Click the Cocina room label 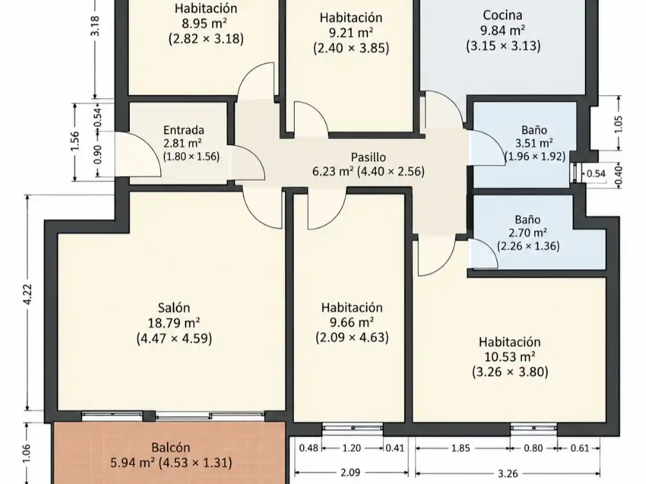[x=502, y=15]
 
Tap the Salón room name [x=174, y=307]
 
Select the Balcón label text [x=171, y=447]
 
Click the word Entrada [x=184, y=130]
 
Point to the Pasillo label [x=369, y=157]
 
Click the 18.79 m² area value [x=174, y=322]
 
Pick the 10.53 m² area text [x=509, y=357]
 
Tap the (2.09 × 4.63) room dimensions [x=352, y=338]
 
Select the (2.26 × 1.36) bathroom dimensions [x=528, y=246]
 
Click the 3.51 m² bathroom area [x=534, y=143]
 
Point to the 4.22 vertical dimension [x=28, y=295]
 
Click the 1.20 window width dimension [x=351, y=448]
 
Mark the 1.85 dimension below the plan [x=460, y=448]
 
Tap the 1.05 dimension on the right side [x=618, y=124]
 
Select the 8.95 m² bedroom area [x=205, y=23]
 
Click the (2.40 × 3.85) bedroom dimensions [x=351, y=48]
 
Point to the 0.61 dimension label [x=580, y=448]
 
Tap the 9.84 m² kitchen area [x=503, y=30]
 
